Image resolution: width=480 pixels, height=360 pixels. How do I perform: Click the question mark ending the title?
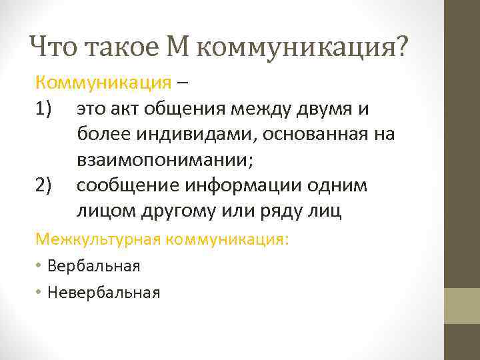(401, 47)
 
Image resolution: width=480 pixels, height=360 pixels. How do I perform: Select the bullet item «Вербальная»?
(94, 266)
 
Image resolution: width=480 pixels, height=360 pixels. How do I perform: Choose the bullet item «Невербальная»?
(104, 292)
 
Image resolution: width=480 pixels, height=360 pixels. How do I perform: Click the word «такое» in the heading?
(115, 47)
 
